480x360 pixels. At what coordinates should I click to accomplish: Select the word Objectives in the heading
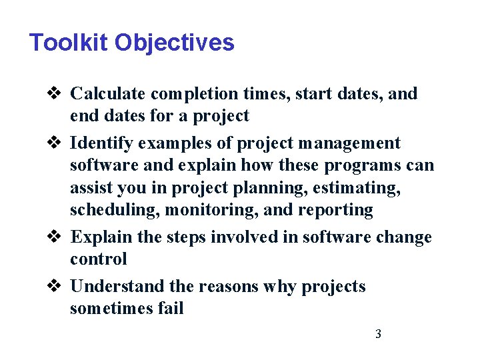174,43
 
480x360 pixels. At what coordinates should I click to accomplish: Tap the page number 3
378,334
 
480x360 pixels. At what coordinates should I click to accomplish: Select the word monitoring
195,210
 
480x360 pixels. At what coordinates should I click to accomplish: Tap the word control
98,259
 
